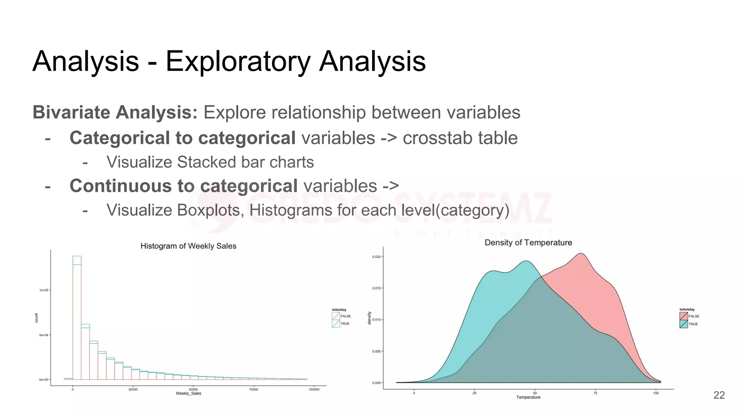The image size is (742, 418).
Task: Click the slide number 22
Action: [x=719, y=395]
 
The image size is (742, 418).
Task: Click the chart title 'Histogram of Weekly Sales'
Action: [x=188, y=246]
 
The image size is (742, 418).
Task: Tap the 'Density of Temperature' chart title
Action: [x=528, y=242]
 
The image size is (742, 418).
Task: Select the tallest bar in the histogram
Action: [x=77, y=319]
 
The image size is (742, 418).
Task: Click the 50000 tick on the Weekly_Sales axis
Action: [x=193, y=389]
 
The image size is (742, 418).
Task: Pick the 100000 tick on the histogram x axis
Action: [x=314, y=389]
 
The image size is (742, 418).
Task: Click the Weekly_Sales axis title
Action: [x=188, y=394]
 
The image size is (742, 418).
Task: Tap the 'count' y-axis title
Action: [x=36, y=318]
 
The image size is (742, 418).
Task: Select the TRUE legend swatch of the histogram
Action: [x=336, y=324]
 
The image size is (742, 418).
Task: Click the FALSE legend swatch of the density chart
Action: [x=683, y=316]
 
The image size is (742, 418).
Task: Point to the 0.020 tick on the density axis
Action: [x=376, y=257]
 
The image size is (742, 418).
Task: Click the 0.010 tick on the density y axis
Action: [x=376, y=320]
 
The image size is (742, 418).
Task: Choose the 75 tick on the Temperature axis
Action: [x=595, y=393]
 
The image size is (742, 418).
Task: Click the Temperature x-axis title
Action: [x=528, y=397]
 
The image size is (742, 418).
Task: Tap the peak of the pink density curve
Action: [x=581, y=254]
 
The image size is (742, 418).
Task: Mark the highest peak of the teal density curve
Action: [x=526, y=261]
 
